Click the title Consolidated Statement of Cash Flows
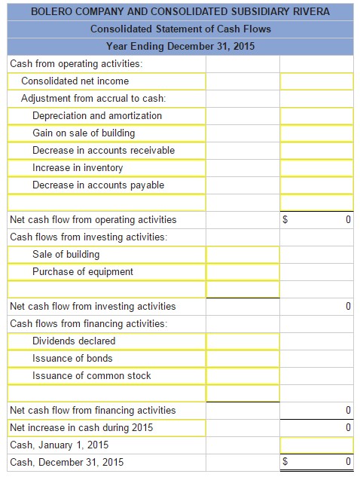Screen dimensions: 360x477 point(181,29)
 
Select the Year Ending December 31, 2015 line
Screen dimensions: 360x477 point(181,46)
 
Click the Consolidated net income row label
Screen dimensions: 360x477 point(75,81)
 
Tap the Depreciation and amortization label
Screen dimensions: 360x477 point(97,115)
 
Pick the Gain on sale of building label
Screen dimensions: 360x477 point(84,133)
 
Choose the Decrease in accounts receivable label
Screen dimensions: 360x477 point(103,150)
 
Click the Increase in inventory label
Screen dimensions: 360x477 point(78,167)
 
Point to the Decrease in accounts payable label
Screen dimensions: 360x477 point(98,185)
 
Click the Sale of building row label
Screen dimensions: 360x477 point(66,254)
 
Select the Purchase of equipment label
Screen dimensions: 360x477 point(83,271)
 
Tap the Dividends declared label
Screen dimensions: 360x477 point(74,341)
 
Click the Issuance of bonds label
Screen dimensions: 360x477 point(72,358)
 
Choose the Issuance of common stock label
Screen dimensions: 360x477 point(92,375)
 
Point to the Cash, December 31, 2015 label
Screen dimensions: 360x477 point(67,462)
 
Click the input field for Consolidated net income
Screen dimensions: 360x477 point(316,81)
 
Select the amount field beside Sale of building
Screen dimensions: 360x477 point(242,254)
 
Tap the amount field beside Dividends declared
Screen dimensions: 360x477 point(242,341)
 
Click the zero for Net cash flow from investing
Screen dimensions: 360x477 point(348,306)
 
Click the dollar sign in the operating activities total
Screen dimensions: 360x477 point(285,220)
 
